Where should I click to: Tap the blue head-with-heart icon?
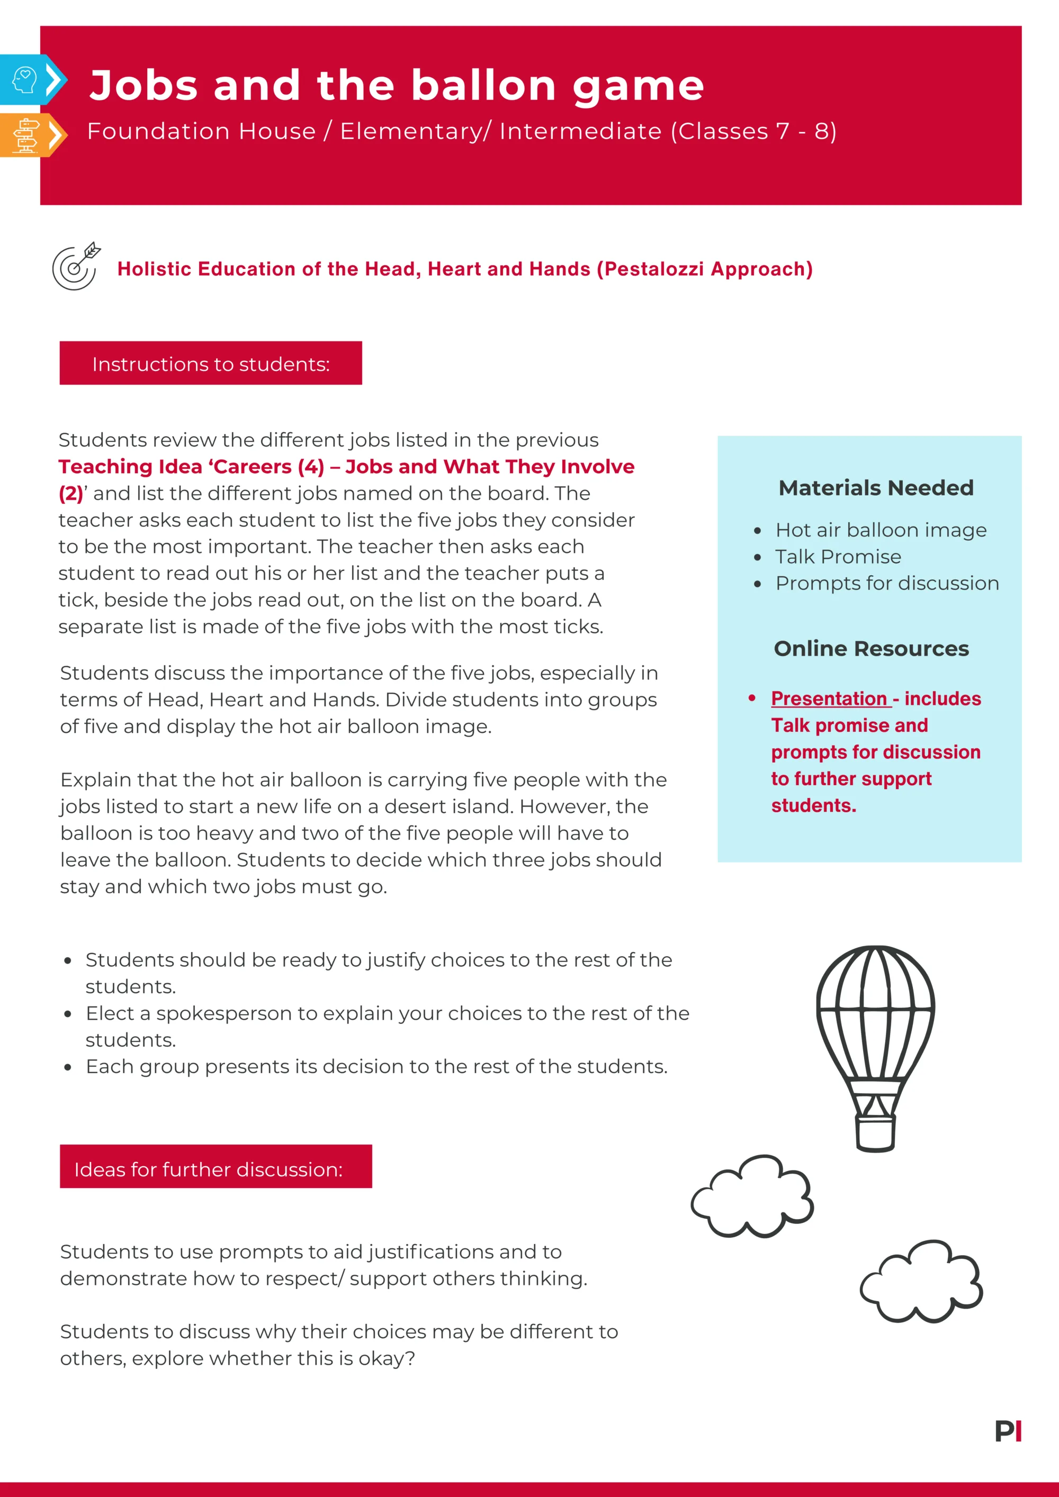point(25,79)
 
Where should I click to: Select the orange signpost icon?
point(25,135)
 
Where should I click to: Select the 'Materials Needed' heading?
point(876,488)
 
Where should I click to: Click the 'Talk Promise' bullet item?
point(838,557)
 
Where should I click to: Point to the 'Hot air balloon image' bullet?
point(880,530)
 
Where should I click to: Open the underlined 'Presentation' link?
point(829,698)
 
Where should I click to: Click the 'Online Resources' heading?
point(871,649)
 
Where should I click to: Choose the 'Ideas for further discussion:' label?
point(209,1169)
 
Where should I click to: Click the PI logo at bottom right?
point(1008,1431)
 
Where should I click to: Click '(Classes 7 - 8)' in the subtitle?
point(753,131)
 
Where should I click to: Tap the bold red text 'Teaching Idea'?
point(129,467)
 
